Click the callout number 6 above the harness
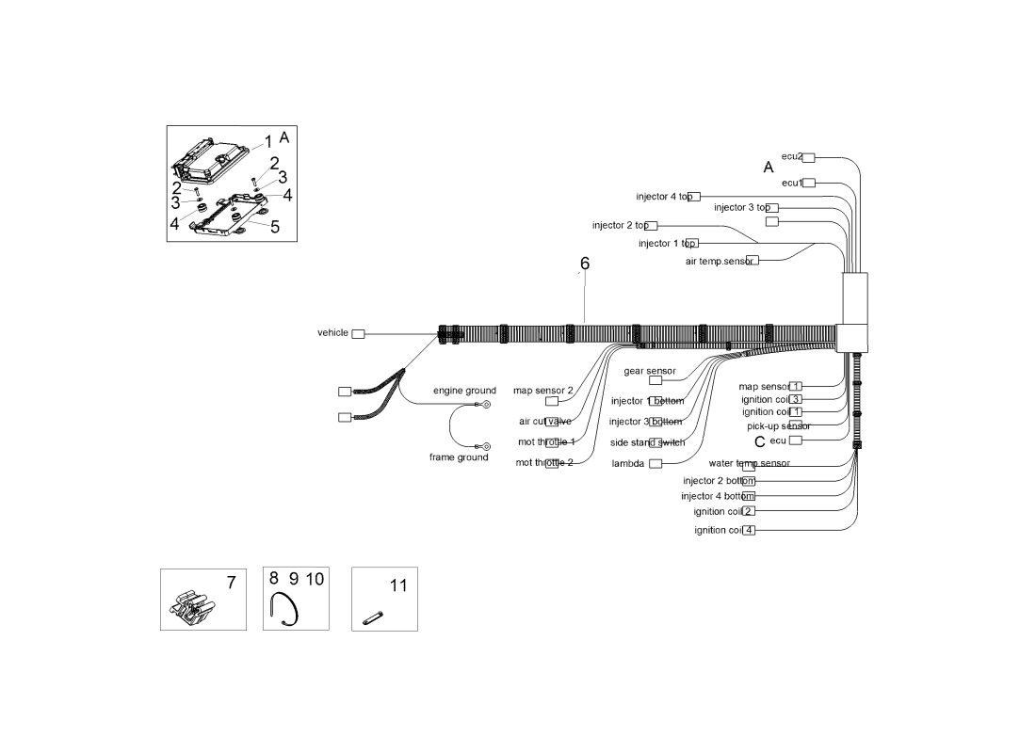click(x=585, y=264)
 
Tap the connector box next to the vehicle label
click(x=358, y=334)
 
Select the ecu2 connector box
click(x=809, y=158)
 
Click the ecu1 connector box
click(x=809, y=184)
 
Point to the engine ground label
click(x=464, y=391)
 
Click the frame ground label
click(x=459, y=457)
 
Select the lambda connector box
click(x=656, y=463)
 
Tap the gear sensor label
click(x=650, y=371)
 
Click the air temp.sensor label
click(x=719, y=261)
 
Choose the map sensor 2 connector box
click(x=552, y=402)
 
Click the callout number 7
click(x=231, y=583)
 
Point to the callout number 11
click(x=398, y=585)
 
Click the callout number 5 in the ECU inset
click(x=275, y=227)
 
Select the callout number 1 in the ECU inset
click(x=267, y=141)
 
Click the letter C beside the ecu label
click(x=759, y=441)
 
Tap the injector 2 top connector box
click(x=652, y=226)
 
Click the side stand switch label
click(x=647, y=442)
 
